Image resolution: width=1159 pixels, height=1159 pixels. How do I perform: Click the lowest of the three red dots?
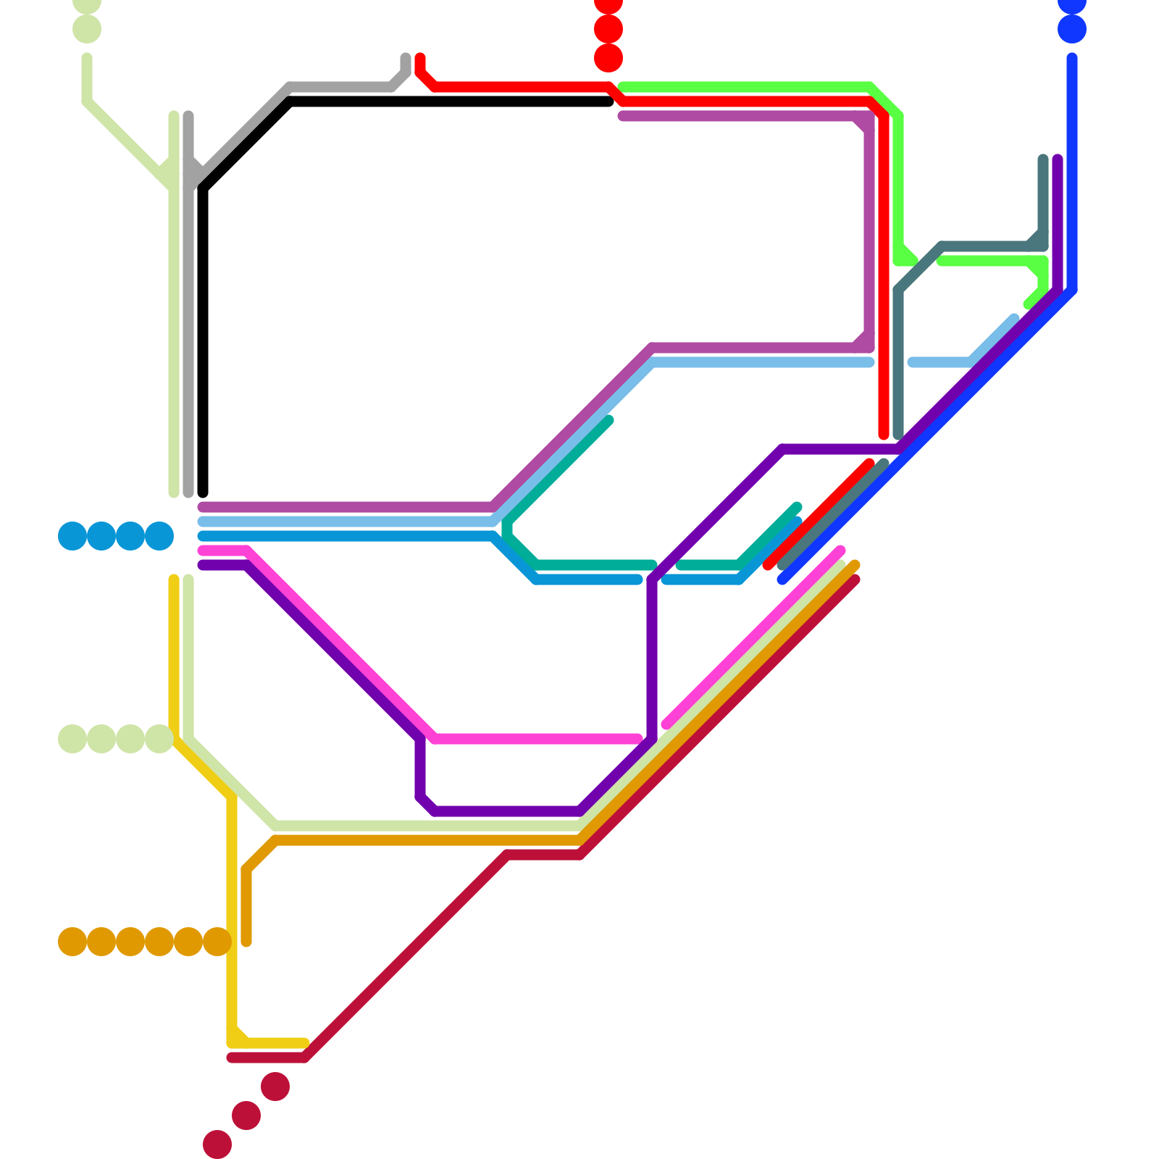[x=608, y=58]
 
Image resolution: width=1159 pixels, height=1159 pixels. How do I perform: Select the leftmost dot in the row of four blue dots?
[x=72, y=536]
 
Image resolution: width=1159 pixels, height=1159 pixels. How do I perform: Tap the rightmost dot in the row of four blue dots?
[x=159, y=536]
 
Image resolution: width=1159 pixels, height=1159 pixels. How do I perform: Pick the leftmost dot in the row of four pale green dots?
[x=72, y=739]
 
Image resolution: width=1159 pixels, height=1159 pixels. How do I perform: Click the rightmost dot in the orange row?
[x=217, y=942]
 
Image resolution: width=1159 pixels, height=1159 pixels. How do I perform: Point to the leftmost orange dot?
[x=72, y=942]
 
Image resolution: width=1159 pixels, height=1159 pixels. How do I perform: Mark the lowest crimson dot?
[x=217, y=1145]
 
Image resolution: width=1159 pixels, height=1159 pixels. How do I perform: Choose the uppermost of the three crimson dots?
[x=275, y=1087]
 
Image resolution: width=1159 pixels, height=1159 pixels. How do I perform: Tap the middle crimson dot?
[x=246, y=1116]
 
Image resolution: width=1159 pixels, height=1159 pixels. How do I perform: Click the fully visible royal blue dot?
[x=1072, y=29]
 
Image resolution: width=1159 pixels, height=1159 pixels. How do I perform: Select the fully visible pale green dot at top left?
[x=87, y=29]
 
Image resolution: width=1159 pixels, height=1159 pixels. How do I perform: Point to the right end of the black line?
[x=608, y=101]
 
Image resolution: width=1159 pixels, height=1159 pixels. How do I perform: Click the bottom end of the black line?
[x=203, y=493]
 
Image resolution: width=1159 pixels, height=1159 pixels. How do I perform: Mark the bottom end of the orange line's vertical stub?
[x=246, y=942]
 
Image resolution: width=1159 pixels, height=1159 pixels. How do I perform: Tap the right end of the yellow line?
[x=305, y=1043]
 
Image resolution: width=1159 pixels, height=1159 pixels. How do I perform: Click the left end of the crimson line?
[x=232, y=1058]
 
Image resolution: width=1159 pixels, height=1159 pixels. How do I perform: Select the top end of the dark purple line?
[x=1058, y=159]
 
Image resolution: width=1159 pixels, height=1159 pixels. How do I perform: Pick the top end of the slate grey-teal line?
[x=1043, y=159]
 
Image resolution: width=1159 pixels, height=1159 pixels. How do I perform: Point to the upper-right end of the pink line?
[x=840, y=551]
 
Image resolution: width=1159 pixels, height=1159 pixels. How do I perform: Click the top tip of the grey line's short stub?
[x=406, y=58]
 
